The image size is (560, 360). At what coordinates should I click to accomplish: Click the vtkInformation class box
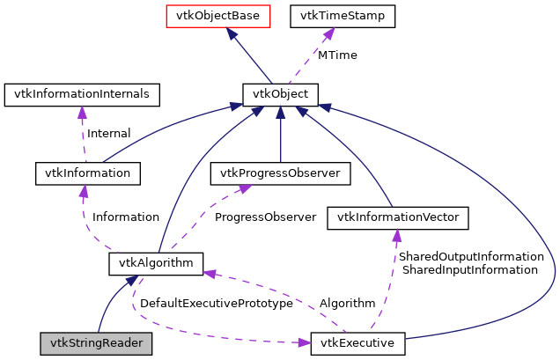tap(87, 173)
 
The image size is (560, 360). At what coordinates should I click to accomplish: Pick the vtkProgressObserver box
tap(279, 173)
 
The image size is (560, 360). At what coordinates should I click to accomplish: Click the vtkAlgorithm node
tap(157, 262)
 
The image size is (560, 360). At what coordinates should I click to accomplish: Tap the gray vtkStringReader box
tap(96, 342)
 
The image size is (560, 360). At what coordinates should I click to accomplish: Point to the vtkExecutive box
tap(357, 342)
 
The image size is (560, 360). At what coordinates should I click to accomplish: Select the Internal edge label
tap(108, 134)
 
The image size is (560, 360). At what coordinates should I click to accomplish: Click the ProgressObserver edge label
tap(265, 217)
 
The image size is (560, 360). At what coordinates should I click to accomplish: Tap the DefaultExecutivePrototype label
tap(216, 303)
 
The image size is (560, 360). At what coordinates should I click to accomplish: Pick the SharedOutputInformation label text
tap(471, 256)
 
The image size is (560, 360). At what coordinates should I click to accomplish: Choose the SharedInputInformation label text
tap(469, 269)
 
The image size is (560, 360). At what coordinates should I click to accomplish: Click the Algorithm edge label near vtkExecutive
tap(347, 303)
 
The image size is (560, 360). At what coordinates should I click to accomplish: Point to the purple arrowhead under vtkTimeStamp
tap(328, 33)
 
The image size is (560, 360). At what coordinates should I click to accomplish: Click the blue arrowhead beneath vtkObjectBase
tap(231, 33)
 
